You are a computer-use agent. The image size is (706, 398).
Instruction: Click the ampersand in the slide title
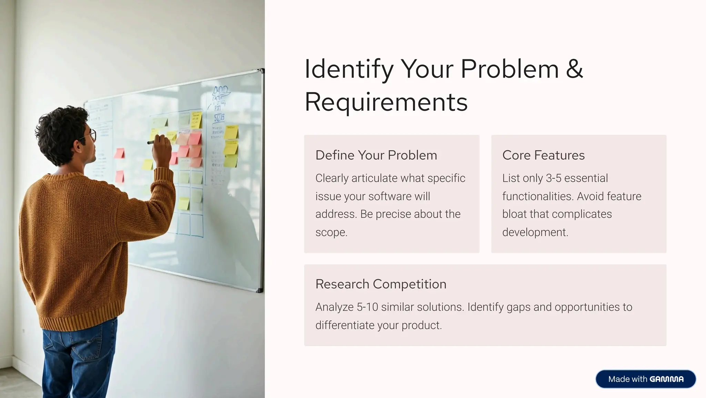click(x=574, y=69)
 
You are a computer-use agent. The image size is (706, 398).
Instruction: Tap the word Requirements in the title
click(x=386, y=102)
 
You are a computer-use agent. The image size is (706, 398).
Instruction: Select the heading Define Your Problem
click(x=376, y=155)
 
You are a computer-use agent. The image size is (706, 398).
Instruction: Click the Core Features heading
click(x=543, y=155)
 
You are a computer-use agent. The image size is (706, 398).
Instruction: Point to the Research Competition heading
click(x=381, y=284)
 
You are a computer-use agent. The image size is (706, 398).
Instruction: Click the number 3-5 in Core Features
click(x=553, y=178)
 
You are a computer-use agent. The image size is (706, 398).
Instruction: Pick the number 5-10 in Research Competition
click(x=367, y=307)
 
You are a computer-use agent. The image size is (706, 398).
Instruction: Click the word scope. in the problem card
click(x=331, y=232)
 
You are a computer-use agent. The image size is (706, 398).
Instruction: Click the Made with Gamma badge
click(x=645, y=379)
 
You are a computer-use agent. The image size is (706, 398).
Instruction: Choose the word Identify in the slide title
click(x=349, y=69)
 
